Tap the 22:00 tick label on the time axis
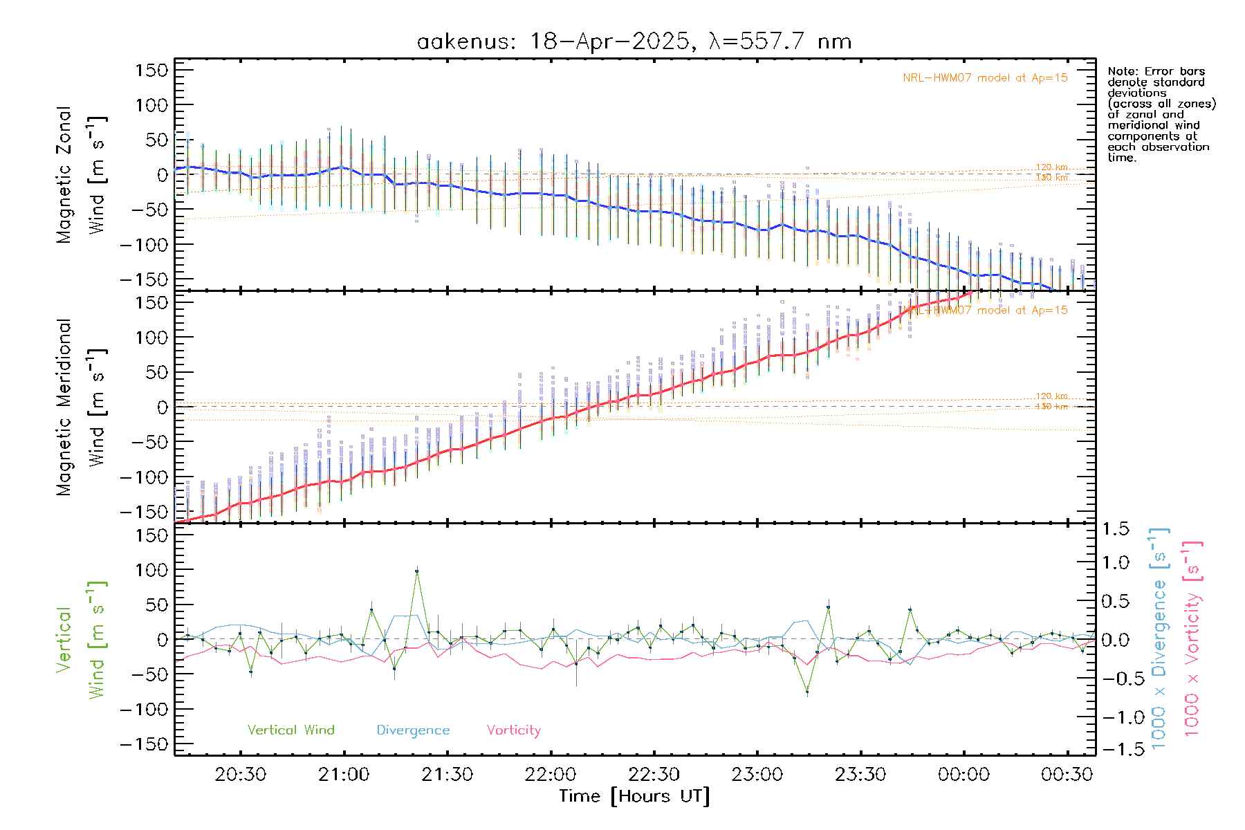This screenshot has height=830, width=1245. pyautogui.click(x=551, y=775)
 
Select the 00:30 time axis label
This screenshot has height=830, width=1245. pyautogui.click(x=1067, y=775)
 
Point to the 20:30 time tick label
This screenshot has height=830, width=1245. pyautogui.click(x=241, y=775)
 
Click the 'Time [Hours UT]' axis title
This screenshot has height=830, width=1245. pyautogui.click(x=634, y=796)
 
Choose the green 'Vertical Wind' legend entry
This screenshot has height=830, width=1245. pyautogui.click(x=290, y=730)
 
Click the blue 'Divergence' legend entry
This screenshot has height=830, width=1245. pyautogui.click(x=413, y=730)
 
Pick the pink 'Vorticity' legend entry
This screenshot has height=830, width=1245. pyautogui.click(x=513, y=730)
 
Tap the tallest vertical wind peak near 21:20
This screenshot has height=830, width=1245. pyautogui.click(x=416, y=571)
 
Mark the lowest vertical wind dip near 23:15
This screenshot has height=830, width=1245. pyautogui.click(x=807, y=692)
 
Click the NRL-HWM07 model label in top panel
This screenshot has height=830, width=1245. pyautogui.click(x=985, y=78)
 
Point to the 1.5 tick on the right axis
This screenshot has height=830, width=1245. pyautogui.click(x=1115, y=529)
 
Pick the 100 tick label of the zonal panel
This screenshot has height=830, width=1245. pyautogui.click(x=151, y=105)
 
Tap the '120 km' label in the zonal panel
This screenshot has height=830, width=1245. pyautogui.click(x=1051, y=167)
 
